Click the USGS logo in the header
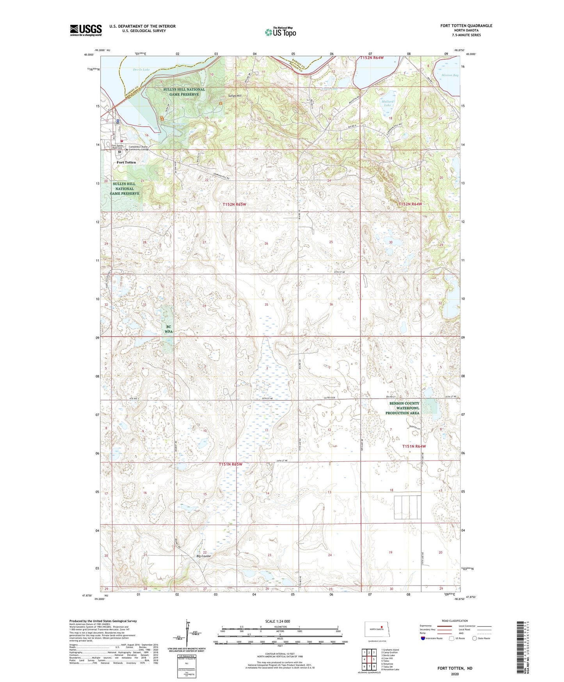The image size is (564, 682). pos(86,30)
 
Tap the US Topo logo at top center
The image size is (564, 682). pos(280,32)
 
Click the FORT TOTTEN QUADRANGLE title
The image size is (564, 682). pos(466,26)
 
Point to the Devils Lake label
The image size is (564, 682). pos(141,70)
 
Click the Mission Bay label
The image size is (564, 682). pos(450,75)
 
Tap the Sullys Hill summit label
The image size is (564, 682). pos(235,96)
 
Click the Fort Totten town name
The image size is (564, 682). pos(126,162)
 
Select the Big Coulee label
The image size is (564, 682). pos(203,556)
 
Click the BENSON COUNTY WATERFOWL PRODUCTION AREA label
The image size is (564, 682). pos(404,408)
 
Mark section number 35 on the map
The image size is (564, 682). pos(266,304)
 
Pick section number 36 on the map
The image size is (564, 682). pos(331,304)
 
